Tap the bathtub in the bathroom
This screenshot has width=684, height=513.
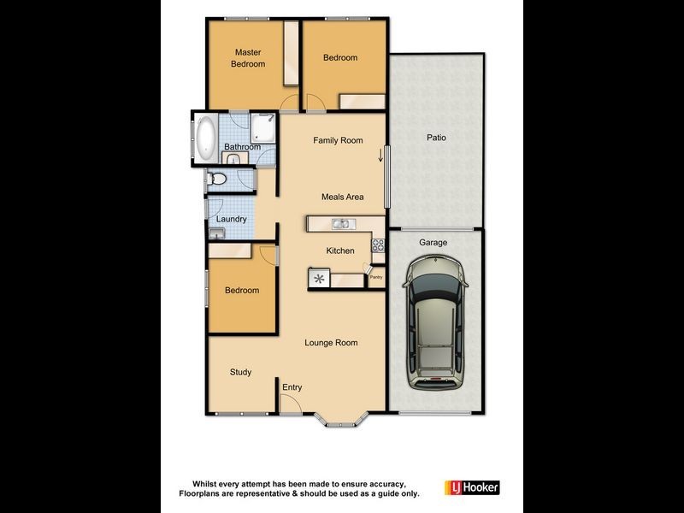[x=206, y=138]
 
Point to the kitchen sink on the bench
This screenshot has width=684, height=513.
[x=341, y=224]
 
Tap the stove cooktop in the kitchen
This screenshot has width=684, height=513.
[x=377, y=246]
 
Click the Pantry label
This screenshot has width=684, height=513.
[x=375, y=277]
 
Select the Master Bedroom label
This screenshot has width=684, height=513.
[x=248, y=58]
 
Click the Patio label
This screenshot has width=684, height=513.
[x=436, y=138]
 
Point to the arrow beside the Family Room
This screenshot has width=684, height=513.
[x=380, y=155]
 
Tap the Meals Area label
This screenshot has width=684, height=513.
[x=342, y=197]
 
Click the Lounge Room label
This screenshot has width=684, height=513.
[x=331, y=343]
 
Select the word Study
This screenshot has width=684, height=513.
[x=240, y=372]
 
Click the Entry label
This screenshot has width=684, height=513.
[x=292, y=387]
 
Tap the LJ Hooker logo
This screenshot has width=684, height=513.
[x=471, y=487]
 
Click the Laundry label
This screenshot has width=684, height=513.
[x=232, y=219]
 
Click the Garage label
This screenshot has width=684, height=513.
[x=433, y=243]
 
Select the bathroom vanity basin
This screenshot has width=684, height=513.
[x=233, y=159]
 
